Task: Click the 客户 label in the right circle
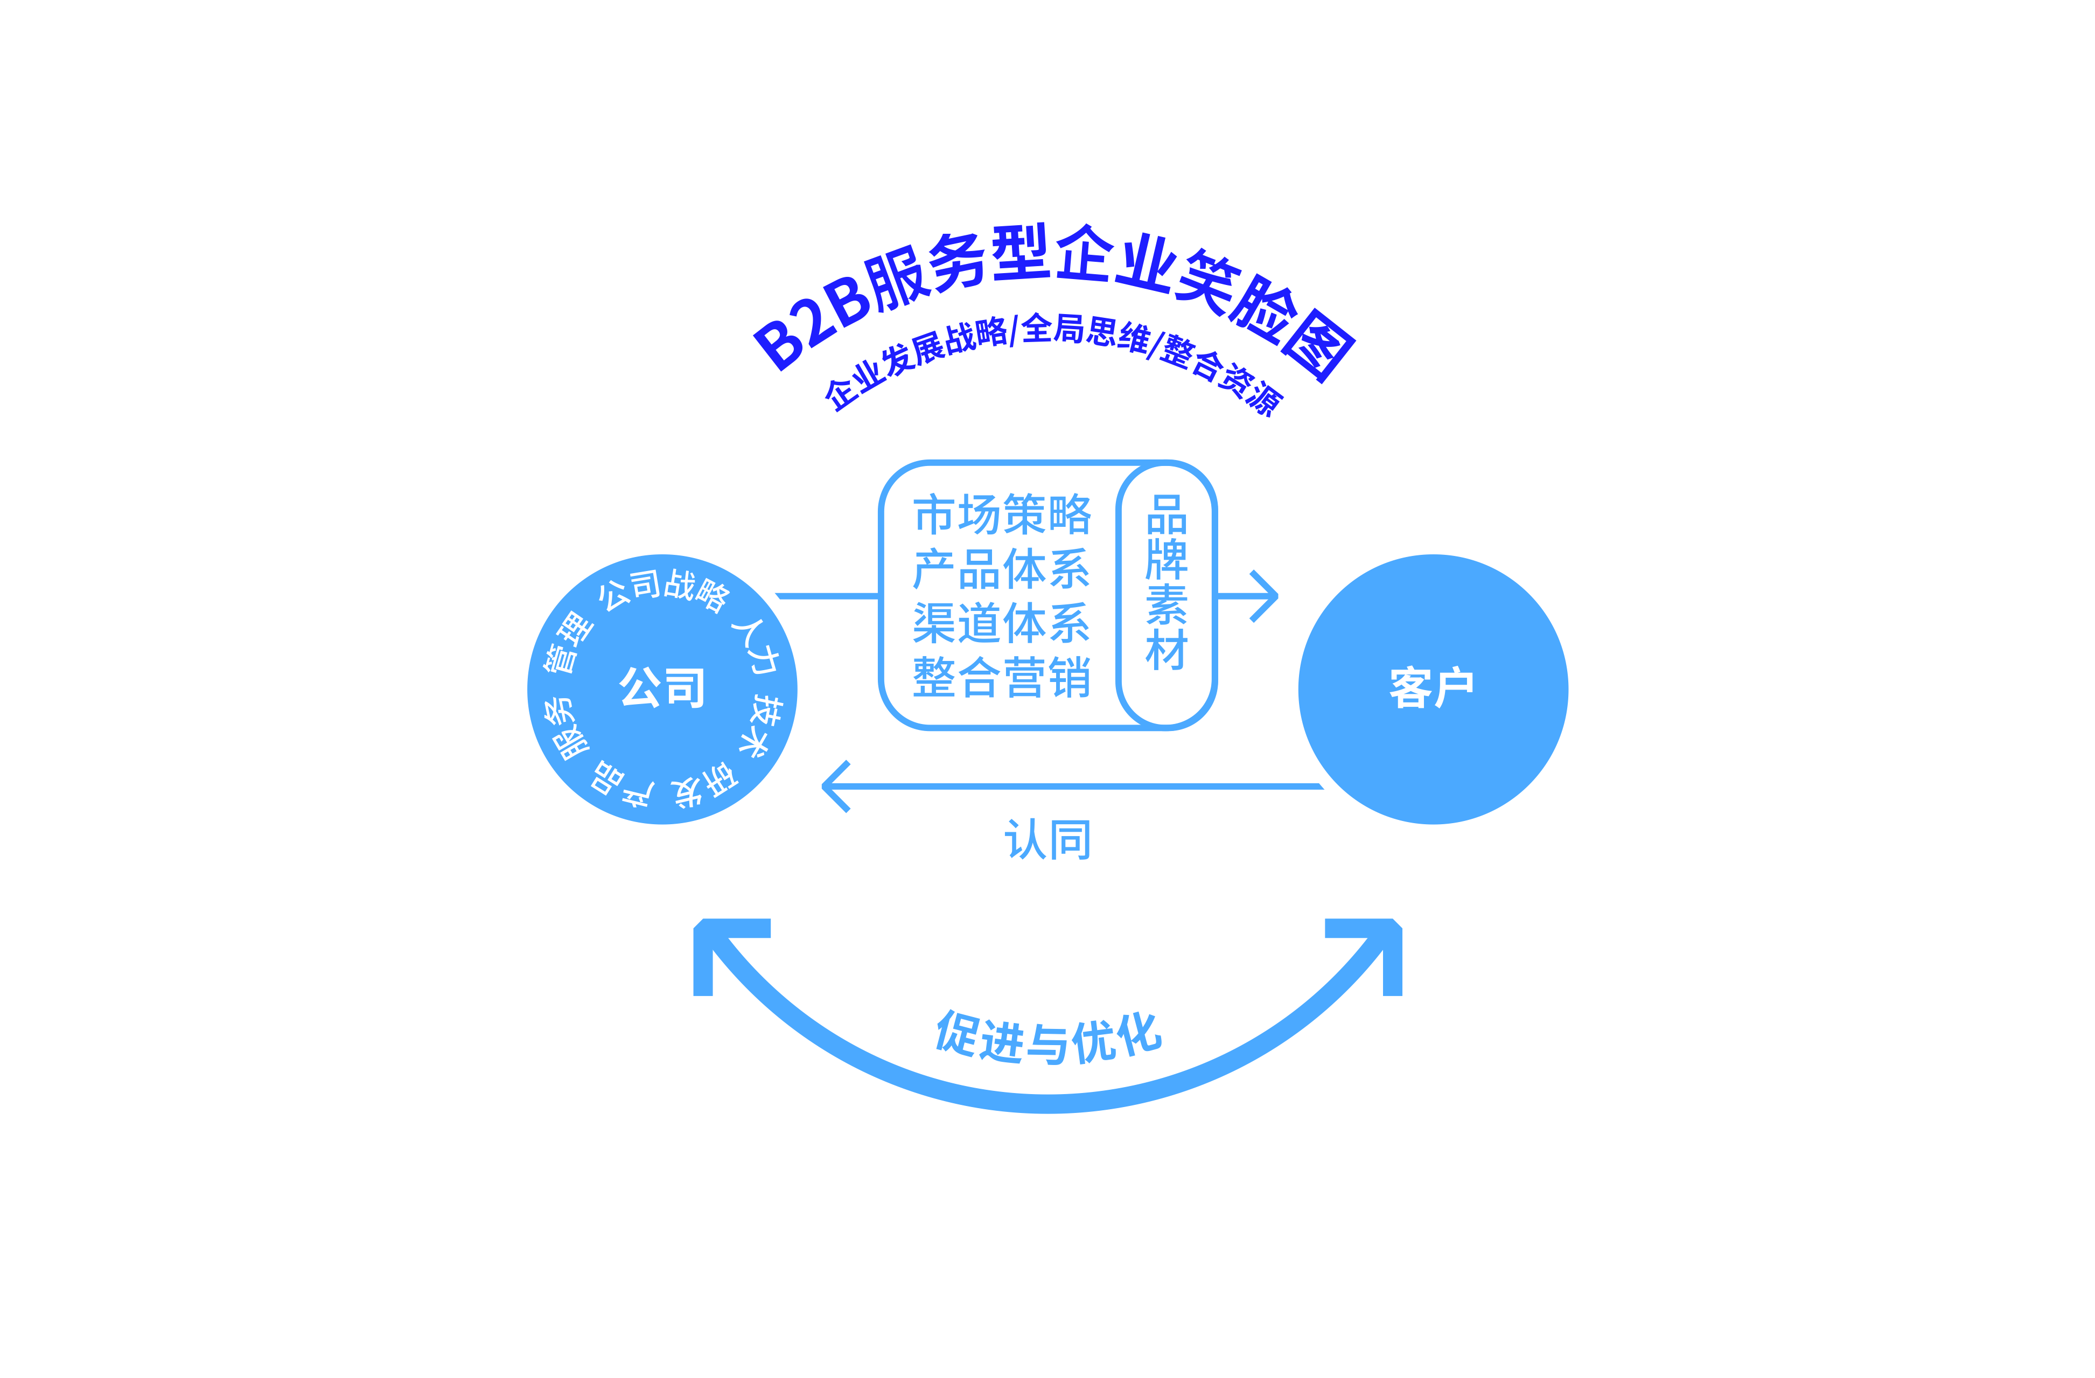1431,688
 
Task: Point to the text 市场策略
1002,514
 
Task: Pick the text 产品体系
1002,569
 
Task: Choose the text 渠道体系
1002,623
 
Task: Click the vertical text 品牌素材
1167,582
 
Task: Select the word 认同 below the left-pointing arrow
1047,839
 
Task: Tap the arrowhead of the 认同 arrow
833,785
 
